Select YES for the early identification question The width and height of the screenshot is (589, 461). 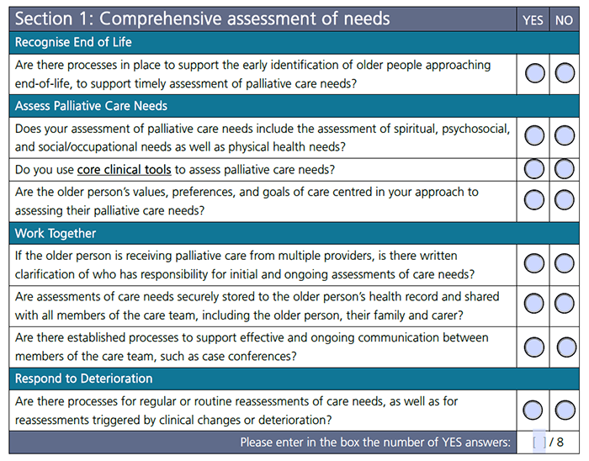click(534, 74)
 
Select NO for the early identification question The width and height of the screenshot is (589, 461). click(565, 74)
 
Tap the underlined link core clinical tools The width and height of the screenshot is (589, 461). click(124, 169)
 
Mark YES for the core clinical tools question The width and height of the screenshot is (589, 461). click(534, 169)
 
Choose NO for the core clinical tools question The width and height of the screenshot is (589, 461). click(565, 169)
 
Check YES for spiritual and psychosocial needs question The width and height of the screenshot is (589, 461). click(534, 135)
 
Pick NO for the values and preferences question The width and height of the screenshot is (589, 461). click(565, 200)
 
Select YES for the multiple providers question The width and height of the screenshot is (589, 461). click(534, 264)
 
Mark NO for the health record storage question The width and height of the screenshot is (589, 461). click(565, 305)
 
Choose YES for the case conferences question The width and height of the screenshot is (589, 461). click(534, 346)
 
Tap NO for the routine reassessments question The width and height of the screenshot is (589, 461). click(565, 411)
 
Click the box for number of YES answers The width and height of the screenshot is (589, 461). click(539, 442)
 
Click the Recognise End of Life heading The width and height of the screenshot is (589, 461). click(73, 42)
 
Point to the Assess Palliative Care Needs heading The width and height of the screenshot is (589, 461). click(91, 106)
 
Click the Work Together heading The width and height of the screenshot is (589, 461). click(56, 233)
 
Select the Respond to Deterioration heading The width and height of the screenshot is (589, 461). click(84, 379)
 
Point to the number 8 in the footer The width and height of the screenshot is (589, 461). click(560, 442)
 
